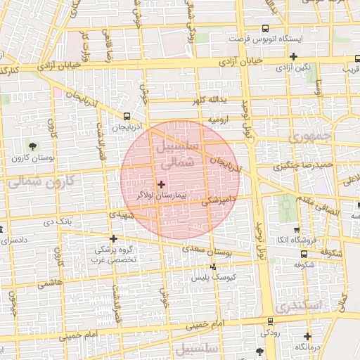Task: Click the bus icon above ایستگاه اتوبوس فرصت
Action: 264,29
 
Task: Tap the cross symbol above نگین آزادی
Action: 294,57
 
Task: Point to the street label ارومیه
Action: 215,121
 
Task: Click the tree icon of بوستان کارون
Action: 33,146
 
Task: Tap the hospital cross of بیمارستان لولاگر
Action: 162,184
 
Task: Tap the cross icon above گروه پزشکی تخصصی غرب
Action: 113,238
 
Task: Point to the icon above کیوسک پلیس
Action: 214,266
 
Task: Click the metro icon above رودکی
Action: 269,321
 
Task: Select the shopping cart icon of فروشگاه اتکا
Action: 296,230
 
